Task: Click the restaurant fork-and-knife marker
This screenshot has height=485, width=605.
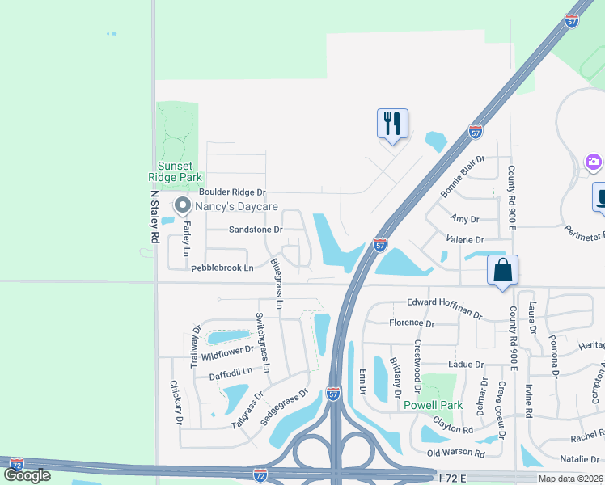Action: tap(392, 124)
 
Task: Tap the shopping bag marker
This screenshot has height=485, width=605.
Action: tap(502, 270)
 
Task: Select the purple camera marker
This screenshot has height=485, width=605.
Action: tap(594, 162)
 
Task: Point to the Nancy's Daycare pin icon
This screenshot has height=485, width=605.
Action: tap(182, 206)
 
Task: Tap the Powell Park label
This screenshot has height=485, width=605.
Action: tap(434, 404)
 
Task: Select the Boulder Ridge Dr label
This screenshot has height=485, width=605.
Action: tap(232, 192)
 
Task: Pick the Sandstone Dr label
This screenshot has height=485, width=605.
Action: tap(256, 230)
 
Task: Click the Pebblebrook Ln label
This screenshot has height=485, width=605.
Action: tap(222, 267)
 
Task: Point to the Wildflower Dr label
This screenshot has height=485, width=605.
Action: tap(228, 353)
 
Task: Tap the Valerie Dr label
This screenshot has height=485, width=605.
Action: tap(464, 240)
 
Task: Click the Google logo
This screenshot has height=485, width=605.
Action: tap(27, 475)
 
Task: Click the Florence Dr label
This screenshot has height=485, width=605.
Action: tap(412, 323)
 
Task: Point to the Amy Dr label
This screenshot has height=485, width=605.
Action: tap(465, 219)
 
